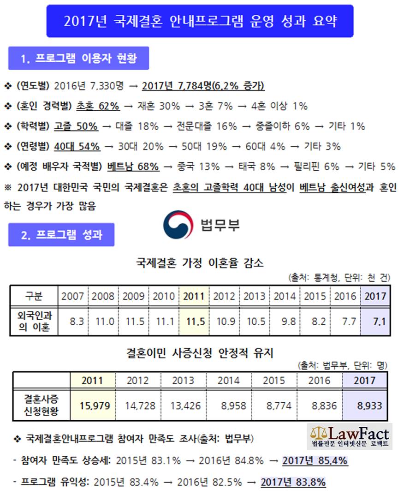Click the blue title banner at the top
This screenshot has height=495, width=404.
(x=200, y=21)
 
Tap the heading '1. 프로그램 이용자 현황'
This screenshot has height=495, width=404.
(x=78, y=58)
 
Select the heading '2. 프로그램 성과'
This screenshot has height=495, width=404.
(x=61, y=234)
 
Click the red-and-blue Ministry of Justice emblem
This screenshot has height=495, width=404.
(x=178, y=225)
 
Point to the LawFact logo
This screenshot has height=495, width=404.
(x=350, y=436)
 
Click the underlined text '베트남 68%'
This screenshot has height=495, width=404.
(x=133, y=167)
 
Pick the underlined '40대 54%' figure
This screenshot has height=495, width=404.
(x=77, y=146)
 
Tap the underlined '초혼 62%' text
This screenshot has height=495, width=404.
(x=98, y=106)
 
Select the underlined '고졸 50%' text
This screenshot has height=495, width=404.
(x=76, y=126)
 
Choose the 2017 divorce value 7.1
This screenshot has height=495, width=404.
(x=379, y=322)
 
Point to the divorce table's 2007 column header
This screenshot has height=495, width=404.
(x=72, y=296)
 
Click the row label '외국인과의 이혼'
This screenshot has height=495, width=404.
(x=34, y=321)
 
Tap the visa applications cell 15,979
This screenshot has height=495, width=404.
(x=95, y=406)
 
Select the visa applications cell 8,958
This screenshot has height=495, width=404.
(x=233, y=406)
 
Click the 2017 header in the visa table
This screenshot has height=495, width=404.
(x=364, y=381)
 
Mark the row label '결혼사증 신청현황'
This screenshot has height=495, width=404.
(x=41, y=405)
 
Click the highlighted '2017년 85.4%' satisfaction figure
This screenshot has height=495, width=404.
(x=315, y=460)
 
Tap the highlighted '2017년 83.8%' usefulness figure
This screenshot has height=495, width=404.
(x=293, y=482)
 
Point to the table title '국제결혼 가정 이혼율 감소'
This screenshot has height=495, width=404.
(x=200, y=262)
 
